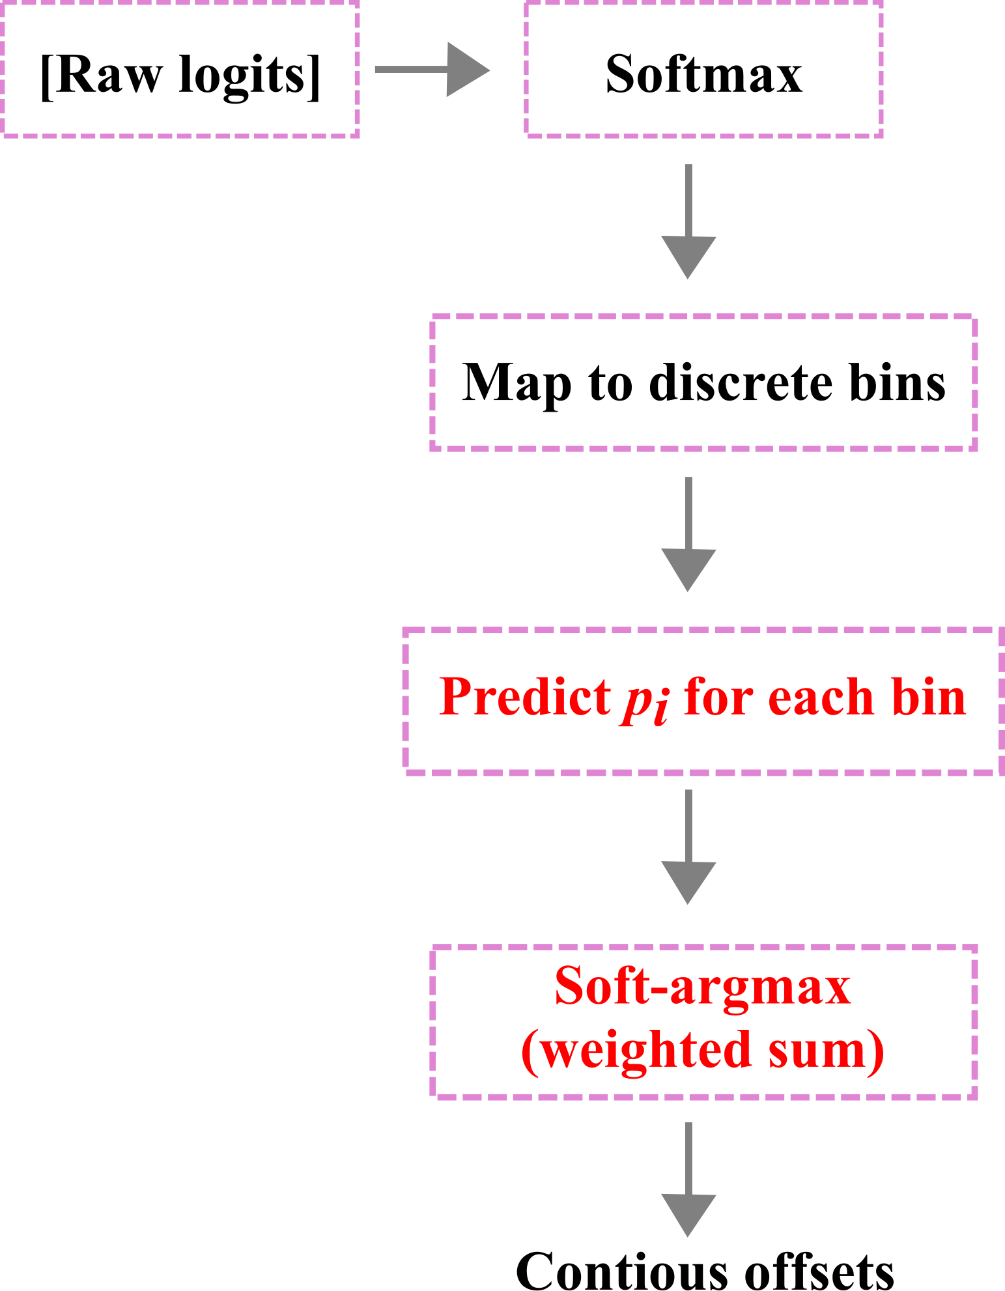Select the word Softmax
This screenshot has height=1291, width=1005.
(703, 74)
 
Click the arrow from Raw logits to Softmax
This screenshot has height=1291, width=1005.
(431, 70)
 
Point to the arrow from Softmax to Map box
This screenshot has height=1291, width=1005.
(688, 221)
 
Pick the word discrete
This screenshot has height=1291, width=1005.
(741, 382)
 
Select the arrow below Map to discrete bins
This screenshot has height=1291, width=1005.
(688, 534)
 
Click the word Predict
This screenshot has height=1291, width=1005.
(525, 697)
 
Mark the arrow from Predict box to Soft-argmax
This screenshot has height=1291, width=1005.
(688, 847)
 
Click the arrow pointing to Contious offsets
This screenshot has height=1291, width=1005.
(688, 1179)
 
